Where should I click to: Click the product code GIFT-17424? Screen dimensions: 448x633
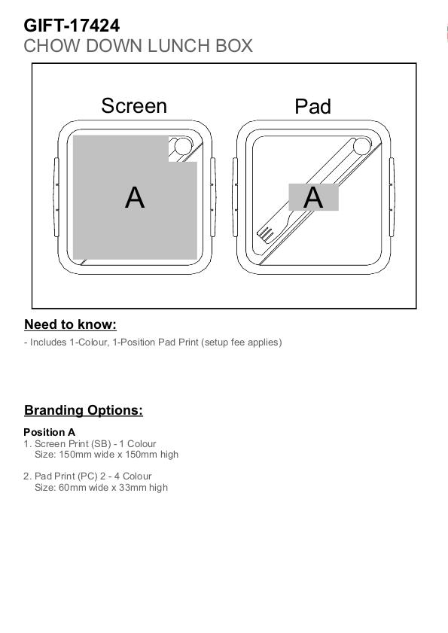72,26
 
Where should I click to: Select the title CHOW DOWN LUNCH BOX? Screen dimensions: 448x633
138,46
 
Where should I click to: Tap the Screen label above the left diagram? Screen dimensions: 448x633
134,106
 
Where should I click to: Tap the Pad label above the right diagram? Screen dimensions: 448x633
312,107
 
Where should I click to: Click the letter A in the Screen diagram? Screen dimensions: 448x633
135,197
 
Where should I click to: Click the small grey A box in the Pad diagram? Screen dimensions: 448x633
313,197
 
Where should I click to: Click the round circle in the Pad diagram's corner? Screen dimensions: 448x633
362,146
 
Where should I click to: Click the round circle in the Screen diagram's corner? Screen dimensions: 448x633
183,146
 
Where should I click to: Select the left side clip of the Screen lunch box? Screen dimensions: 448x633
56,197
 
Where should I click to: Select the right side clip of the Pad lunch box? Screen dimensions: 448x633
392,197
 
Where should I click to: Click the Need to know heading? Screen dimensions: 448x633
70,324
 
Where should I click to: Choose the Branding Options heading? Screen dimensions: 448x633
84,410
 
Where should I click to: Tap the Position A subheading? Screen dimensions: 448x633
49,432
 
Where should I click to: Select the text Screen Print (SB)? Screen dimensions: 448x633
73,444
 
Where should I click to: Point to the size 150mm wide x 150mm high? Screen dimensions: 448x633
118,455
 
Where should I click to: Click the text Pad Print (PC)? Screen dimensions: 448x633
66,476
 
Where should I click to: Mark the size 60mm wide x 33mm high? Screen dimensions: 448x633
113,488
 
